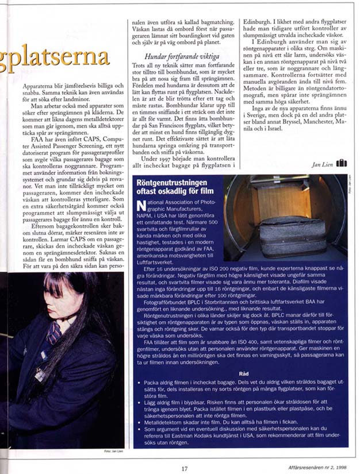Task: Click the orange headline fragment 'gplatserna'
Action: [x=55, y=58]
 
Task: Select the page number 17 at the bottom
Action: [x=185, y=468]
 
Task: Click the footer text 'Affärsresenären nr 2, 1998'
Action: [x=318, y=467]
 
